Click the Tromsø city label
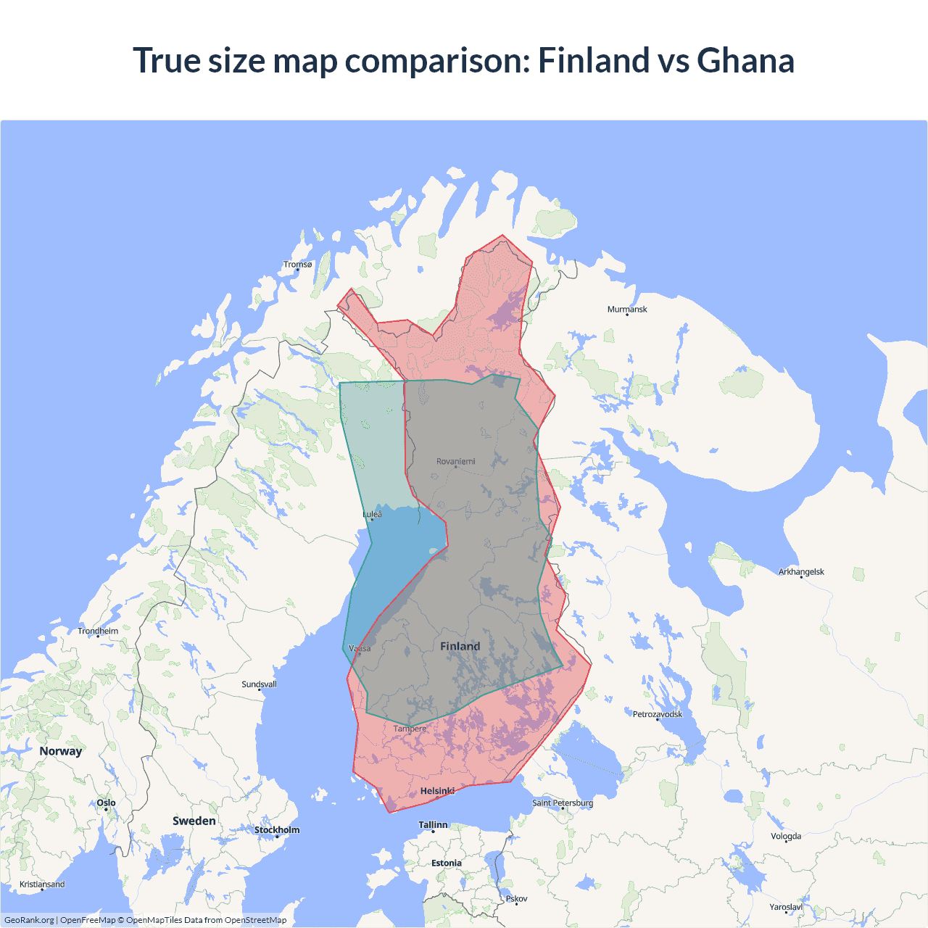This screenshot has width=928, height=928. tap(297, 265)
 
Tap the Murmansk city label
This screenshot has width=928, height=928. tap(627, 310)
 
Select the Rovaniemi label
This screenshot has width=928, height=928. tap(456, 461)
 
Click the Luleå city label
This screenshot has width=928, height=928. tap(372, 514)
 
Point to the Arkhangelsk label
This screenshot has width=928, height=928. tap(801, 572)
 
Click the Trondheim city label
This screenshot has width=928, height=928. tap(98, 631)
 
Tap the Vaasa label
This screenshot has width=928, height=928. tap(360, 648)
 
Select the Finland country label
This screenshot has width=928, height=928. tap(460, 646)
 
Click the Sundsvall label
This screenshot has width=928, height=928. tap(259, 684)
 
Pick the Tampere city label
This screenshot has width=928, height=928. tap(410, 729)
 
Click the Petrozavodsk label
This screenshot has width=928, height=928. tap(658, 714)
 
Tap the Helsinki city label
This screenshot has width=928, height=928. tap(437, 791)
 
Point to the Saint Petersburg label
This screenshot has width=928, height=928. tap(563, 803)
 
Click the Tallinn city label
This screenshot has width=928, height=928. tap(433, 825)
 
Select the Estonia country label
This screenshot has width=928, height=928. tap(446, 863)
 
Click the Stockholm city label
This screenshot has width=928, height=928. tap(276, 830)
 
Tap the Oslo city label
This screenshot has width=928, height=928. tap(106, 803)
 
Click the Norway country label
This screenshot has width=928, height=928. tap(61, 751)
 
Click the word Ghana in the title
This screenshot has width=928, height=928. tap(745, 60)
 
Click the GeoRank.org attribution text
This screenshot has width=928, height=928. tap(29, 920)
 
